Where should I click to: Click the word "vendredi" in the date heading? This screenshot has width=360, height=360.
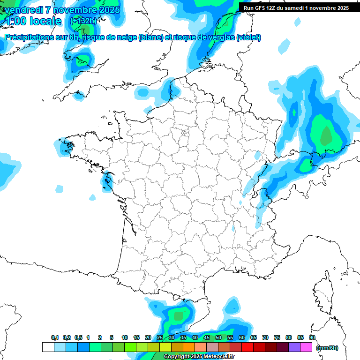[23, 9]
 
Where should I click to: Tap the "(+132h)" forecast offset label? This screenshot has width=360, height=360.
[83, 21]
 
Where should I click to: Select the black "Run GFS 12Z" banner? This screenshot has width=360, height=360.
[296, 7]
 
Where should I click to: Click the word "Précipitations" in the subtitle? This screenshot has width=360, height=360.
[29, 37]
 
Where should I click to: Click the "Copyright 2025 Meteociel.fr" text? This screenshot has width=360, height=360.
[199, 357]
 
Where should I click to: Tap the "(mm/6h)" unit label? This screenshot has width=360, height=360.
[327, 348]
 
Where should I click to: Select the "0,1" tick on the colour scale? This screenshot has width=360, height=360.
[55, 337]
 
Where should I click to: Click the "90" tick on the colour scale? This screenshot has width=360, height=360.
[312, 337]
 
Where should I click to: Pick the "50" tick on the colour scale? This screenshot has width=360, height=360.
[218, 337]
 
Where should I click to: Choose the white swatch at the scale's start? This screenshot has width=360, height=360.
[48, 347]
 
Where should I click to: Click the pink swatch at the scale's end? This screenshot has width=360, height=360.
[306, 347]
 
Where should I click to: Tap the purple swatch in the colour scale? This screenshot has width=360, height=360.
[294, 347]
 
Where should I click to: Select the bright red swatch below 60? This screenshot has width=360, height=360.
[247, 347]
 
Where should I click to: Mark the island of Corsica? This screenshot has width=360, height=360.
[323, 291]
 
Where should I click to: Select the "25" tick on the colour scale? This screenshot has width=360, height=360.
[160, 337]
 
